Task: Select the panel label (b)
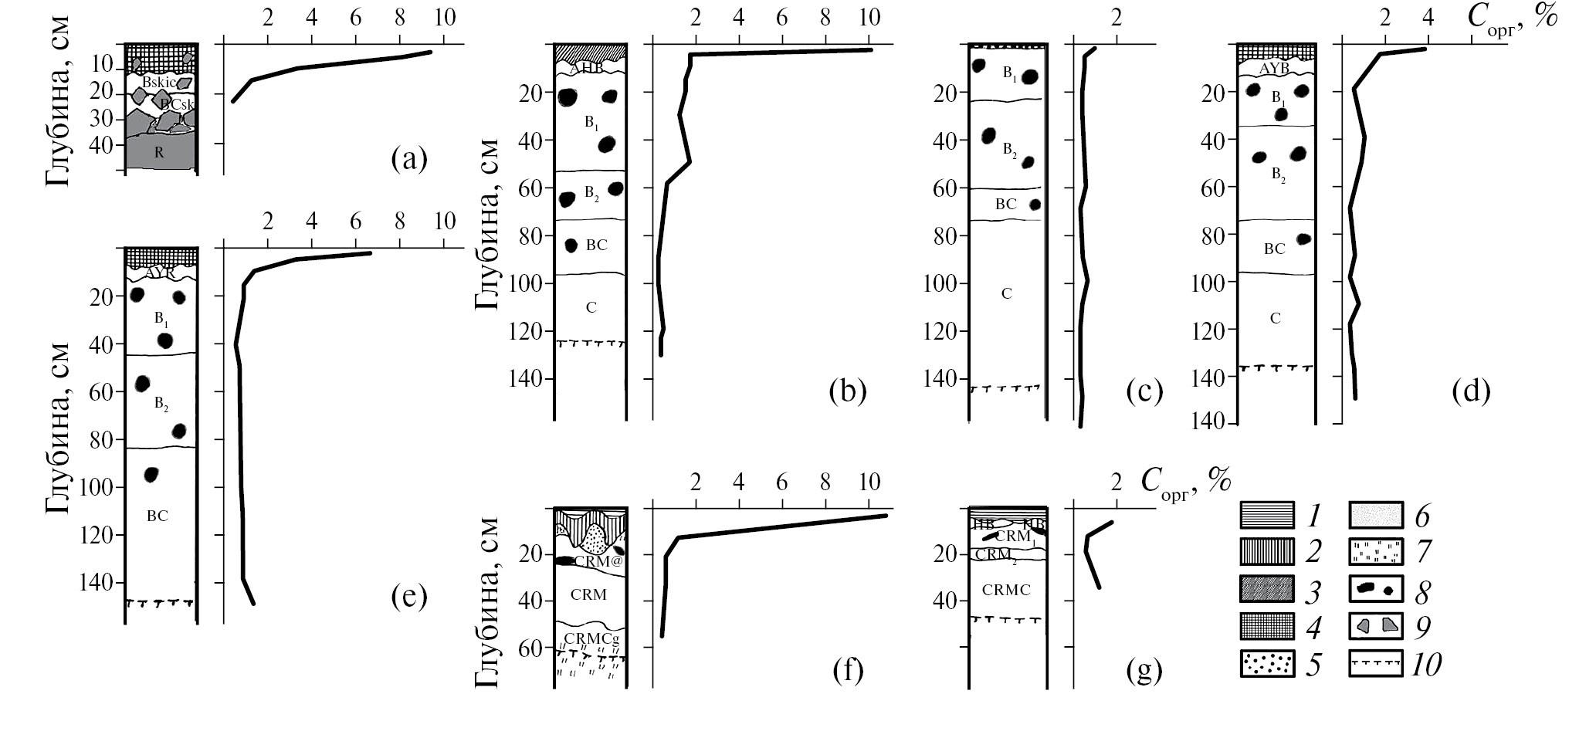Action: [847, 392]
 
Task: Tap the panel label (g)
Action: [1144, 672]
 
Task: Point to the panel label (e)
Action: [408, 597]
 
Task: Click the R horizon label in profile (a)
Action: [159, 153]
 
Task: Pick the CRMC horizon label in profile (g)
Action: [1006, 591]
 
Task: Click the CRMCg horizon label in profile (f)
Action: [591, 638]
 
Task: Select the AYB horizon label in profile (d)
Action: [1274, 69]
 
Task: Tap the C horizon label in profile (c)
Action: [1006, 294]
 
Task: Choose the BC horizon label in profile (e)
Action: [157, 516]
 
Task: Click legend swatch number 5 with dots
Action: [1267, 665]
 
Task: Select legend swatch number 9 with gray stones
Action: [1375, 628]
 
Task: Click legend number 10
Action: [1425, 665]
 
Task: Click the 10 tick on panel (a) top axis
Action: [445, 18]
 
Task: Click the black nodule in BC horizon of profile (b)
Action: [571, 245]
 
